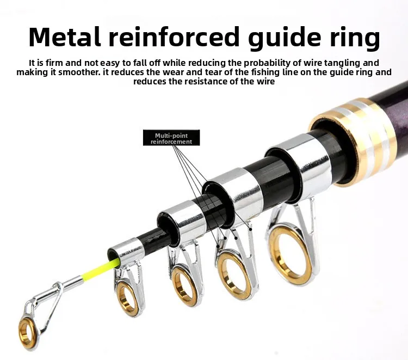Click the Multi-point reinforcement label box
[171, 138]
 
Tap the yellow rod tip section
[100, 269]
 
